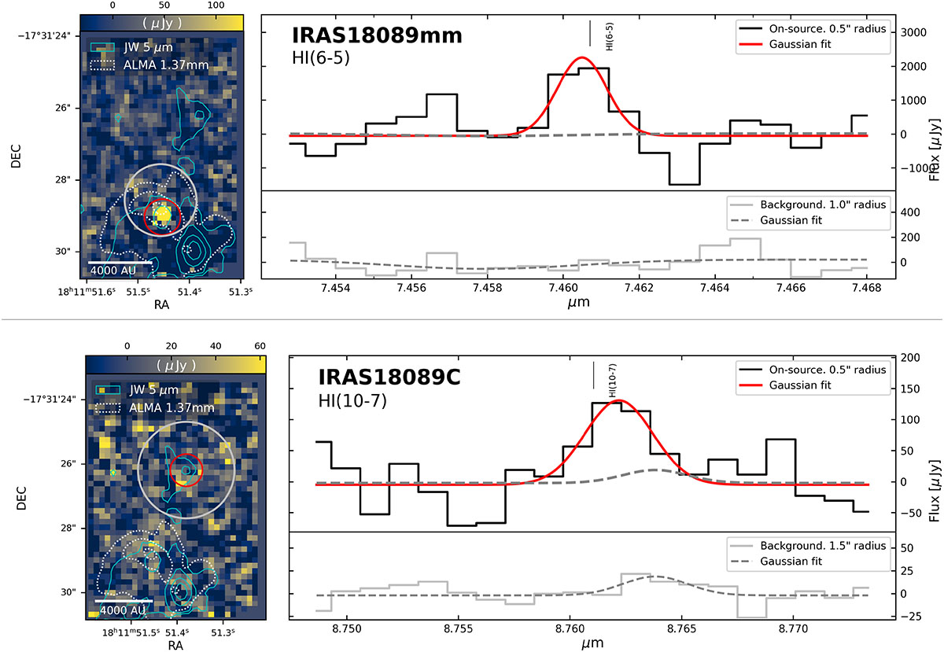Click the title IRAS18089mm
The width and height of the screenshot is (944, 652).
(377, 35)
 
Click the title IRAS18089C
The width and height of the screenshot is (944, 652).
(389, 378)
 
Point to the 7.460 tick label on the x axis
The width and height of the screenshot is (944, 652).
(563, 288)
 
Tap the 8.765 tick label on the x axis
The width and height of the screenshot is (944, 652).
(681, 629)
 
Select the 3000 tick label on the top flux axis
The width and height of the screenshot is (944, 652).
(913, 32)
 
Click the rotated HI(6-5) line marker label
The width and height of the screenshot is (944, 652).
(610, 37)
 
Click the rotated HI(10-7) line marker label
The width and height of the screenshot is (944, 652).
(612, 380)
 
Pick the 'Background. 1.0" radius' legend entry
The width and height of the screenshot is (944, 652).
(809, 204)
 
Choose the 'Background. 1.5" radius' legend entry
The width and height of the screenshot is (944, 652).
(809, 546)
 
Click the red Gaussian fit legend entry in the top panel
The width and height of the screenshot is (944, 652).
(785, 44)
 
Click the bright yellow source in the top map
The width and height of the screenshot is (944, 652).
(163, 215)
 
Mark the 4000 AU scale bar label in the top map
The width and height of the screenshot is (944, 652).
(113, 270)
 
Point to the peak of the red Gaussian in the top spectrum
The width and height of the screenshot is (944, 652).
(582, 57)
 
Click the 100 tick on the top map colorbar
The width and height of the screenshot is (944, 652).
(216, 6)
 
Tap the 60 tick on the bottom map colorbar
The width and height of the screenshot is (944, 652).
(260, 346)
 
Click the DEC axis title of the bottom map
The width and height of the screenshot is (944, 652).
(21, 498)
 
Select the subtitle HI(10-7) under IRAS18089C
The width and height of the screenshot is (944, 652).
(352, 401)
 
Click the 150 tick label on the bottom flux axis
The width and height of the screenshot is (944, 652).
(911, 389)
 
